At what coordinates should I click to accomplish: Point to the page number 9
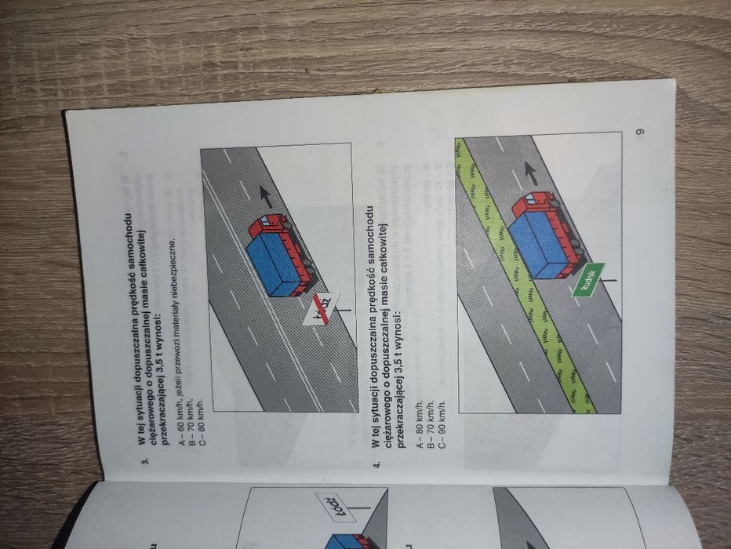pos(639,131)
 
